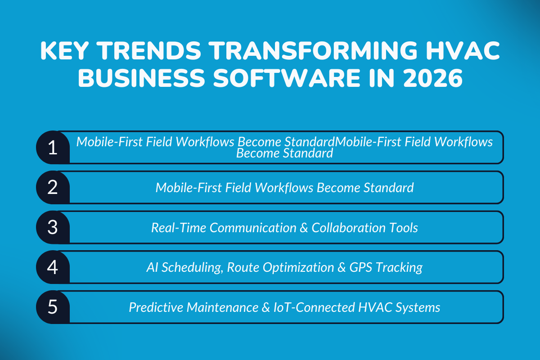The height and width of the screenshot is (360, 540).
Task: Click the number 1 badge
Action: (x=53, y=148)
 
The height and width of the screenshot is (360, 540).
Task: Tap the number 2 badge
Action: (x=53, y=187)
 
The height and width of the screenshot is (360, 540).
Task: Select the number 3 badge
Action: (x=53, y=227)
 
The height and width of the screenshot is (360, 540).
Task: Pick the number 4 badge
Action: (x=53, y=267)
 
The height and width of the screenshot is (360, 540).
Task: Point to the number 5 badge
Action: (x=53, y=307)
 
